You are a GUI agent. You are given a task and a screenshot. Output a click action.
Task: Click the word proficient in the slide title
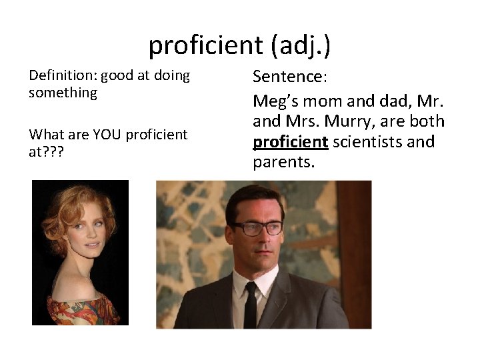tap(205, 45)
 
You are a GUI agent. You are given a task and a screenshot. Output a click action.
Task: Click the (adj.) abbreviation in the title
tap(301, 45)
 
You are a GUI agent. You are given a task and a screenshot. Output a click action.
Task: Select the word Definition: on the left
tap(63, 75)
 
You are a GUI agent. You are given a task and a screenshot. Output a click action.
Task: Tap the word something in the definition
tap(63, 93)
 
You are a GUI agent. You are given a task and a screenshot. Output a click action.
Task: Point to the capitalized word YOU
tap(107, 134)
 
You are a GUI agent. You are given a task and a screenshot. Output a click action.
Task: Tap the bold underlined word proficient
tap(290, 142)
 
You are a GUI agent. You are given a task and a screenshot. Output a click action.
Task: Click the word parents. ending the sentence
tap(283, 162)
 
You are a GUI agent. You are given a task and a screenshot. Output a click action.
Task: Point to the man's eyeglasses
tap(257, 228)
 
